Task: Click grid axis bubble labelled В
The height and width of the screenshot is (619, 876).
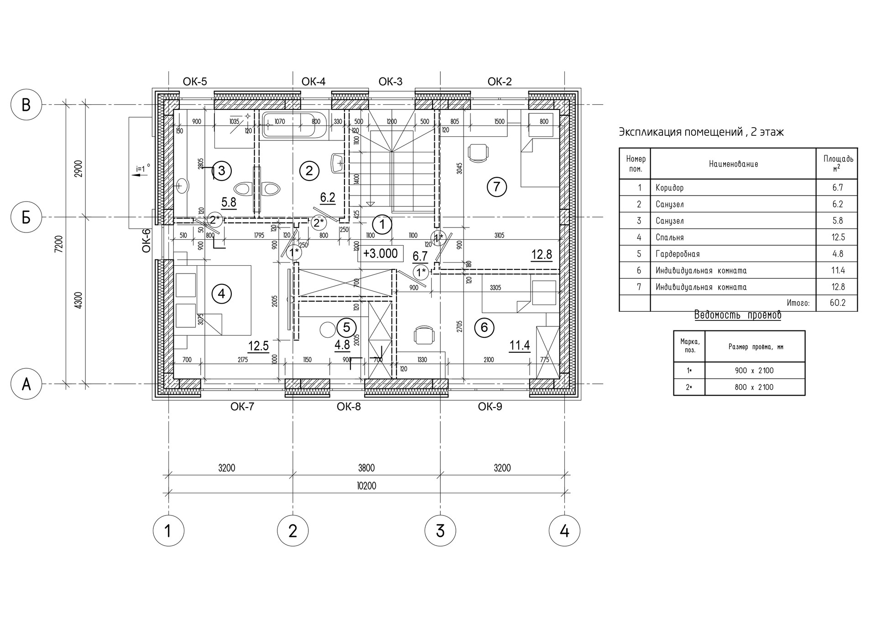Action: (x=26, y=104)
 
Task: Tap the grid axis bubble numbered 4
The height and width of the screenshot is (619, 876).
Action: (x=564, y=531)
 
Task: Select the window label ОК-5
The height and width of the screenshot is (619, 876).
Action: (x=195, y=82)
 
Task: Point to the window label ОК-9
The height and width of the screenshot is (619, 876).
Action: (x=490, y=406)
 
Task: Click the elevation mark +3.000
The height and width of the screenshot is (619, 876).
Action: (x=381, y=253)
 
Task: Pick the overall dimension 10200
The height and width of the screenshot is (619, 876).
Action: (x=366, y=486)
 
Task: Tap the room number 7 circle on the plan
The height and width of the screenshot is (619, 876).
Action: (x=497, y=186)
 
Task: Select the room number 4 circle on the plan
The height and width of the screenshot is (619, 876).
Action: (x=221, y=294)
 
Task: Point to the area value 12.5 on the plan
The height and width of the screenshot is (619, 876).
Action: (x=258, y=346)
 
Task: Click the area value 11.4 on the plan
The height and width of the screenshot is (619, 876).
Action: (x=520, y=346)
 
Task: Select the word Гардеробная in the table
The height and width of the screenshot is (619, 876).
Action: (x=678, y=254)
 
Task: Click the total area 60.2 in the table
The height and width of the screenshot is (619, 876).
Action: (x=838, y=303)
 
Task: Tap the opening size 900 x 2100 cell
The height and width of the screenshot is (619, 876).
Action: (x=754, y=371)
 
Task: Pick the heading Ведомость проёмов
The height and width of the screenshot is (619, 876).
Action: (x=737, y=315)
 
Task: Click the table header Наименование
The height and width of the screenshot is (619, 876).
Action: (x=733, y=164)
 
